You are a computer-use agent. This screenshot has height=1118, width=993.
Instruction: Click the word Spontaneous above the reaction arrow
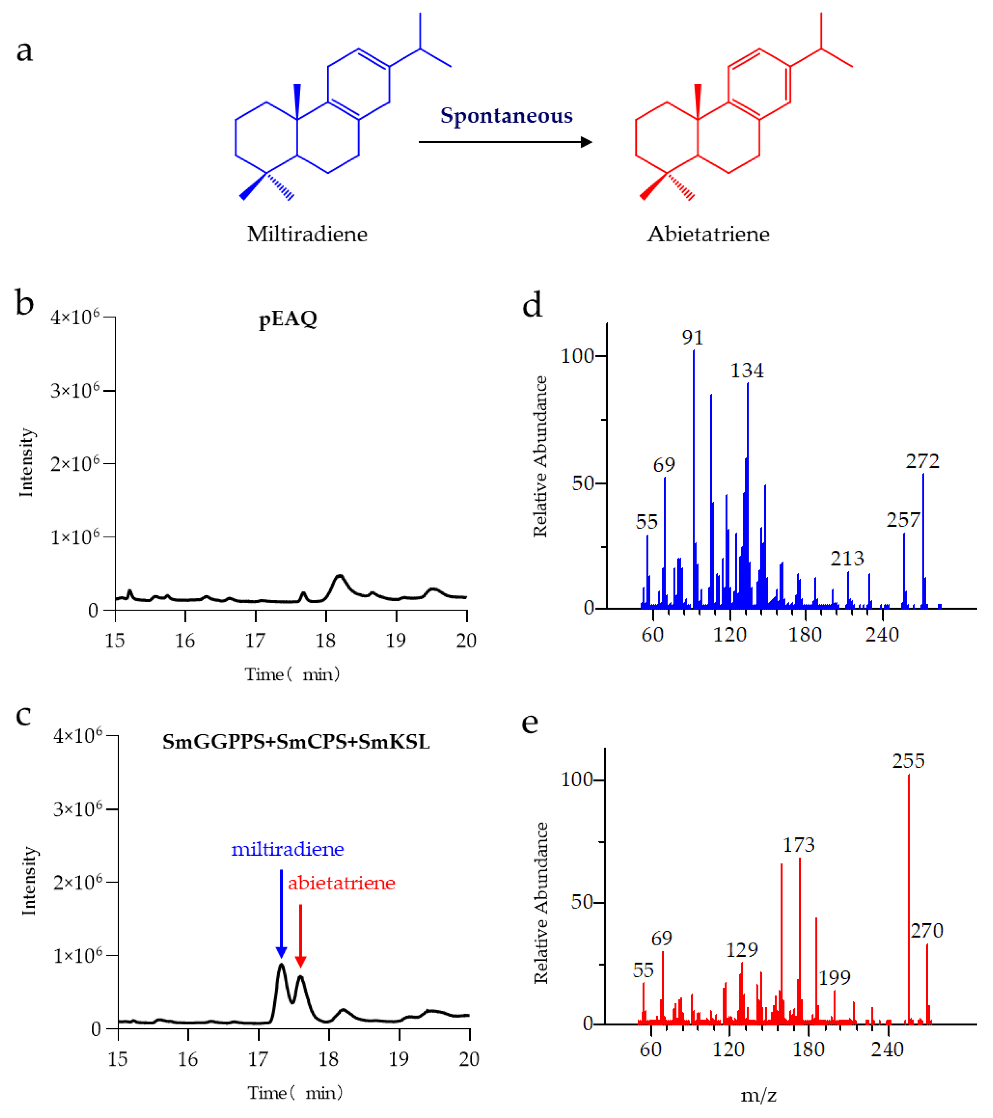point(506,116)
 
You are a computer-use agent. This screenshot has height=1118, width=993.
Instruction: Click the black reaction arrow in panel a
point(504,142)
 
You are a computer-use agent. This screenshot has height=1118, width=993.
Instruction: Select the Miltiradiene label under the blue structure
point(307,234)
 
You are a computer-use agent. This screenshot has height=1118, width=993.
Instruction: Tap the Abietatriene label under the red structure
point(708,234)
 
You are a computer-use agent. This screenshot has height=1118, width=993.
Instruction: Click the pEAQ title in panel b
point(288,318)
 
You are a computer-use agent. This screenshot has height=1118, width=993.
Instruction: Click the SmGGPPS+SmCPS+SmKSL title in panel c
point(296,742)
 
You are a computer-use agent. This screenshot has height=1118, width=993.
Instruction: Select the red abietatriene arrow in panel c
point(301,935)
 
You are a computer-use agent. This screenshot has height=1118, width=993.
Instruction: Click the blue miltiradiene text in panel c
point(287,849)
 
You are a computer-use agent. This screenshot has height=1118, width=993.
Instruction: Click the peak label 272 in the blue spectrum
point(922,462)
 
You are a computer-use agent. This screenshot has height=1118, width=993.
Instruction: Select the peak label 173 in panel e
point(799,845)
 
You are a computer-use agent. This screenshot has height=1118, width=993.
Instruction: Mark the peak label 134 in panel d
point(747,371)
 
